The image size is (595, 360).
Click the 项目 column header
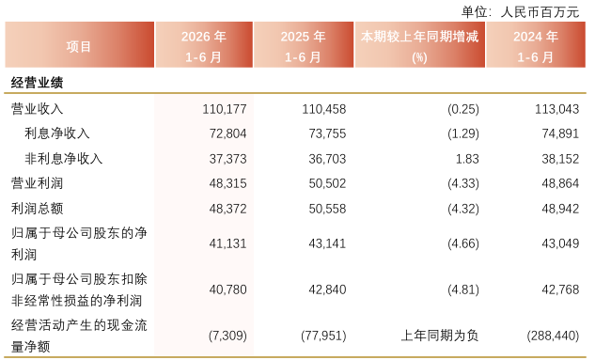[79, 47]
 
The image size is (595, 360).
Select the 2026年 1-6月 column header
[204, 47]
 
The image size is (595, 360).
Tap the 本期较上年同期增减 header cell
[419, 47]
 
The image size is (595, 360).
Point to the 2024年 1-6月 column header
[536, 47]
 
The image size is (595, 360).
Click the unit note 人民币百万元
[540, 12]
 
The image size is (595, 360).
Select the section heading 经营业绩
[37, 83]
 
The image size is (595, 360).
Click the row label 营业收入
[37, 109]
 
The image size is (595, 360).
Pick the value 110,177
[225, 109]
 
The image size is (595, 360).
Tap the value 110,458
[324, 109]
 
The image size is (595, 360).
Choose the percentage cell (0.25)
[463, 109]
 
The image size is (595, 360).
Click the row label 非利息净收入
[63, 159]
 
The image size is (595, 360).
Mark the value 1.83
[467, 159]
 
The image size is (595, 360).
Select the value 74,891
[560, 133]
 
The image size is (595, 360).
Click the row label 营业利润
[37, 183]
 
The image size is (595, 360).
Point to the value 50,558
[327, 209]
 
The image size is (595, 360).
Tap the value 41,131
[227, 243]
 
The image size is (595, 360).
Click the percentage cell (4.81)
[463, 290]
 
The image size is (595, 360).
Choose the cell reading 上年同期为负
[440, 336]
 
